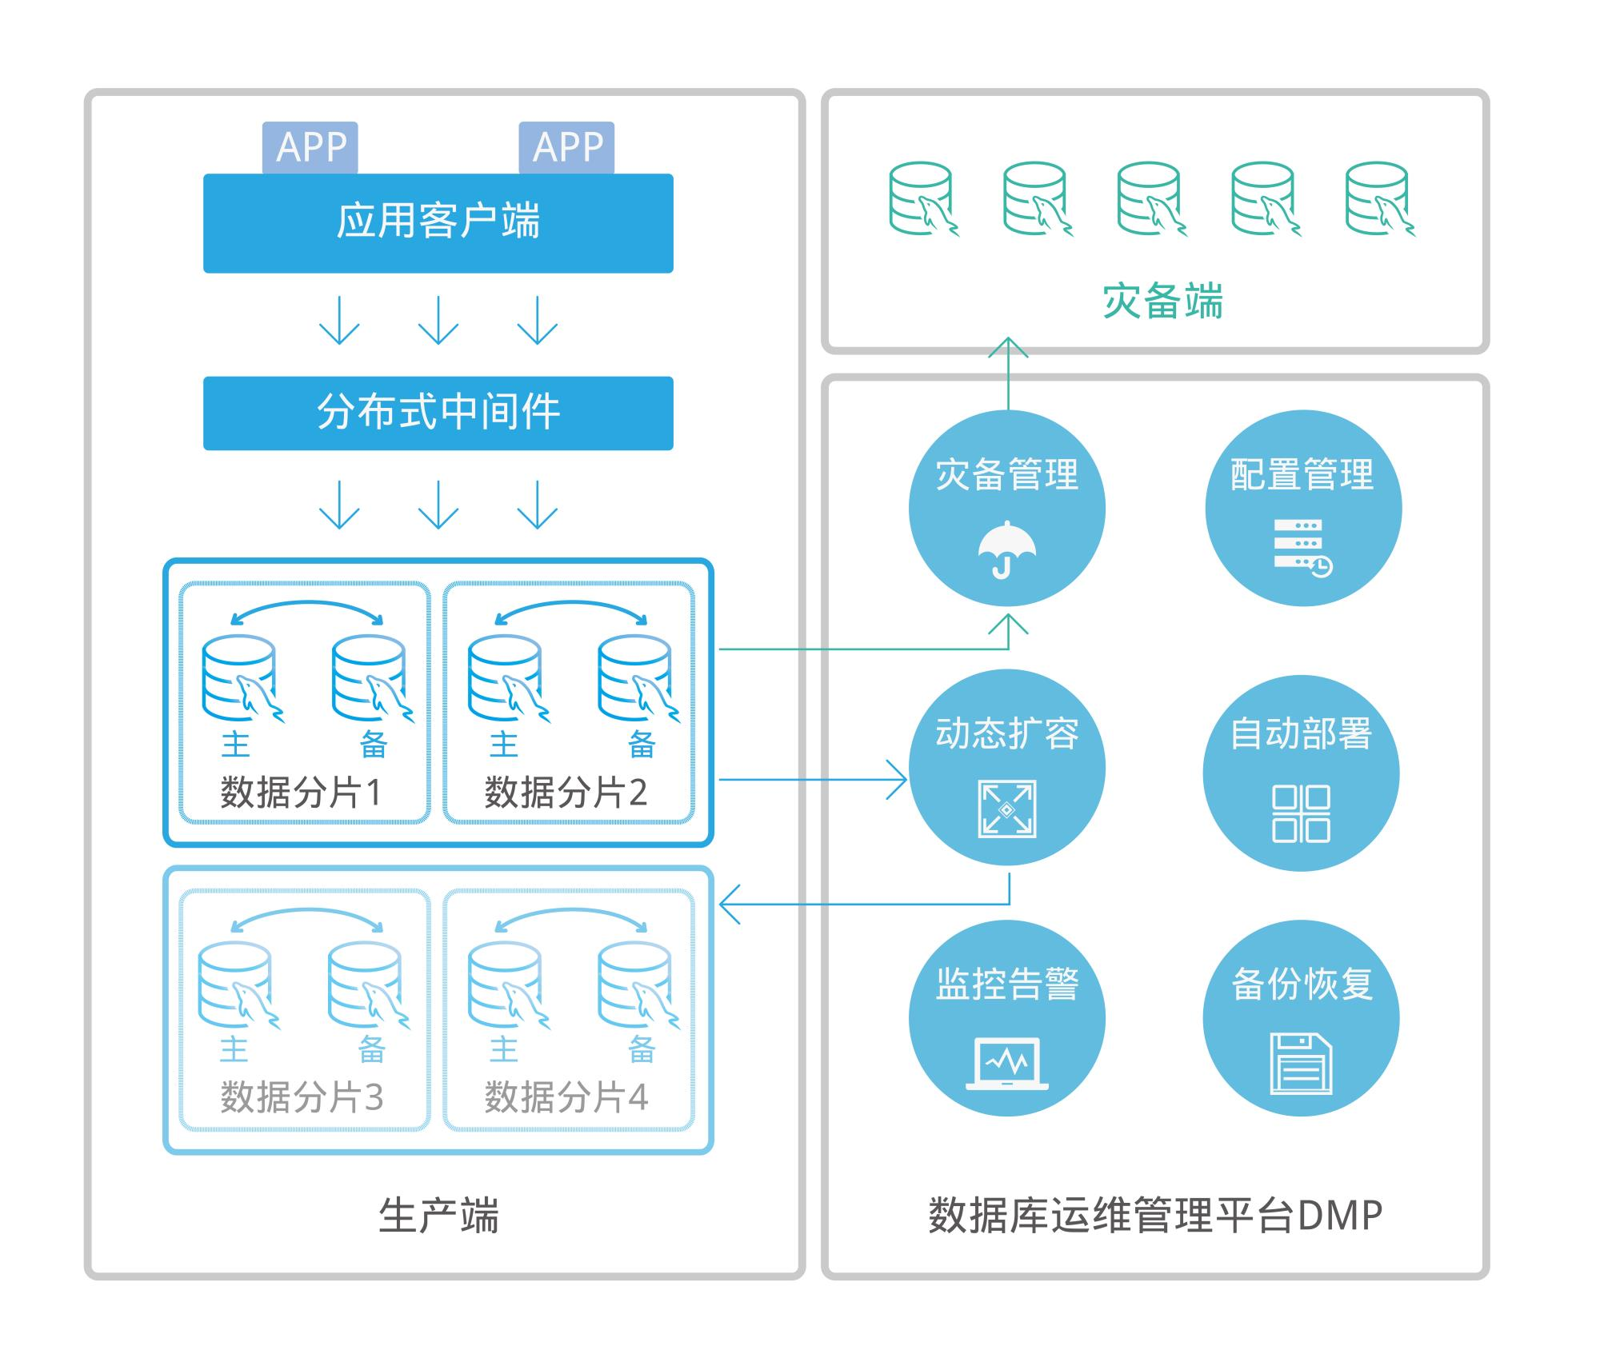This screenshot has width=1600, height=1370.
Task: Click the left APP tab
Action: (x=310, y=147)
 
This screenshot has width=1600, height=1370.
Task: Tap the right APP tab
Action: (x=566, y=147)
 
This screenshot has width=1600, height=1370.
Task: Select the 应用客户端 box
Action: (x=438, y=222)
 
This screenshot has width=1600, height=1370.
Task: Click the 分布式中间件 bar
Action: (x=438, y=413)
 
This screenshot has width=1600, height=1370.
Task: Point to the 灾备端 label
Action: (x=1162, y=302)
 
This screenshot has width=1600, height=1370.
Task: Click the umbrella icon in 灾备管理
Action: (x=1006, y=549)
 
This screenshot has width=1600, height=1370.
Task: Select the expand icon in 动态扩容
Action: (x=1006, y=809)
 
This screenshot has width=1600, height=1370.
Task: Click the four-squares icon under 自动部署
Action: (x=1301, y=813)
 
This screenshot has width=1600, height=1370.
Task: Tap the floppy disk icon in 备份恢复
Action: (x=1301, y=1064)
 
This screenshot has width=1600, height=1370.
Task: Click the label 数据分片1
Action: (x=302, y=793)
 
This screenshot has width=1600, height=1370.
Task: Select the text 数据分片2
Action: (x=566, y=793)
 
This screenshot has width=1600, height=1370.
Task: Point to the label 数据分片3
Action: (x=302, y=1096)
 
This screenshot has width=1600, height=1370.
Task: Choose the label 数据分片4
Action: (x=566, y=1096)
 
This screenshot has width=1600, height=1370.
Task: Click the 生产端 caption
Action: (x=438, y=1216)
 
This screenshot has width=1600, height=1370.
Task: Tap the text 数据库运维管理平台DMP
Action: (x=1155, y=1216)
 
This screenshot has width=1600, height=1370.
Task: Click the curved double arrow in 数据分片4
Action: (x=570, y=917)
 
